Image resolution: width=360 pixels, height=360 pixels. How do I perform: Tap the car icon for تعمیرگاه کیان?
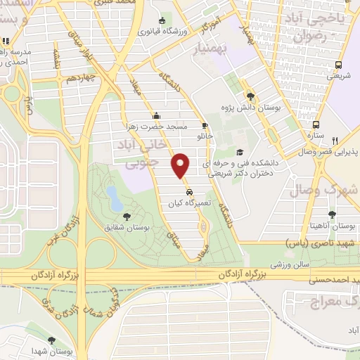coord(189,191)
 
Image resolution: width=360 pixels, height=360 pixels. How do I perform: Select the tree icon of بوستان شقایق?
coord(127,217)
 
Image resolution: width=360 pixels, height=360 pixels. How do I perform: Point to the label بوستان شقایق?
coord(127,226)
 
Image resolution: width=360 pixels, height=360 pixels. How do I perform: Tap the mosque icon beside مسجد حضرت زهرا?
coord(156,117)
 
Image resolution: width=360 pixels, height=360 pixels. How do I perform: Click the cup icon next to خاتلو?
coord(205,126)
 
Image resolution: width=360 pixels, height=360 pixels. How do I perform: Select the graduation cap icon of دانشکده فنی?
coord(239,152)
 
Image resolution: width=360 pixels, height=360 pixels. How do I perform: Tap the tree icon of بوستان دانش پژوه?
coord(250,96)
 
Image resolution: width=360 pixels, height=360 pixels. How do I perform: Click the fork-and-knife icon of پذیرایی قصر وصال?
coord(335,141)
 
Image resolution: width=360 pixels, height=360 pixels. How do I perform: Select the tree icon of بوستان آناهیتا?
coord(332,214)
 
